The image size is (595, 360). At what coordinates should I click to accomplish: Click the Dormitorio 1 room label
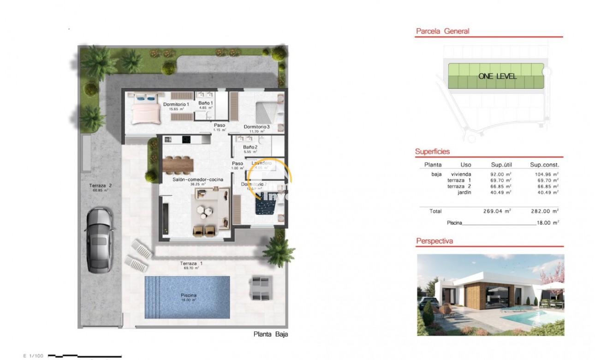pyautogui.click(x=176, y=104)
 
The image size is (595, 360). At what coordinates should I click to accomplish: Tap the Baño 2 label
pyautogui.click(x=250, y=147)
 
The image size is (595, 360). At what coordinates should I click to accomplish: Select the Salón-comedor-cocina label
pyautogui.click(x=198, y=179)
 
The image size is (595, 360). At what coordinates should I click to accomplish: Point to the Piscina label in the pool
pyautogui.click(x=189, y=295)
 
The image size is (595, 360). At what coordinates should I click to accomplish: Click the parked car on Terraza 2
pyautogui.click(x=99, y=240)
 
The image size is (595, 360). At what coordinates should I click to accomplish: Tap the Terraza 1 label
pyautogui.click(x=191, y=263)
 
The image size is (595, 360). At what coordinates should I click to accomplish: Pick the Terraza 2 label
pyautogui.click(x=101, y=186)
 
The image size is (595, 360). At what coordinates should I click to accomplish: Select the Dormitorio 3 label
pyautogui.click(x=256, y=126)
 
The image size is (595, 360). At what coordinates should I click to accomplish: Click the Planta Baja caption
pyautogui.click(x=271, y=335)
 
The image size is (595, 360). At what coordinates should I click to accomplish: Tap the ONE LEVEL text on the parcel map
pyautogui.click(x=497, y=76)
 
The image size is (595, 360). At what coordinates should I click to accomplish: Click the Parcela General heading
pyautogui.click(x=442, y=31)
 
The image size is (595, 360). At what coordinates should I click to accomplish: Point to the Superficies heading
pyautogui.click(x=432, y=151)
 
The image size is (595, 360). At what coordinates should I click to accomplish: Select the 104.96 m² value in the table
pyautogui.click(x=545, y=174)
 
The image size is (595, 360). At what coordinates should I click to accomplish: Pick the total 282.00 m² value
pyautogui.click(x=545, y=211)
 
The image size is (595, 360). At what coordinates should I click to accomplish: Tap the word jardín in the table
pyautogui.click(x=465, y=192)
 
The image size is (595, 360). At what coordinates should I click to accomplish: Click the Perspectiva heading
pyautogui.click(x=434, y=241)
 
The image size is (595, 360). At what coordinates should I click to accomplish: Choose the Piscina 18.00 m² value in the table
pyautogui.click(x=547, y=222)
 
